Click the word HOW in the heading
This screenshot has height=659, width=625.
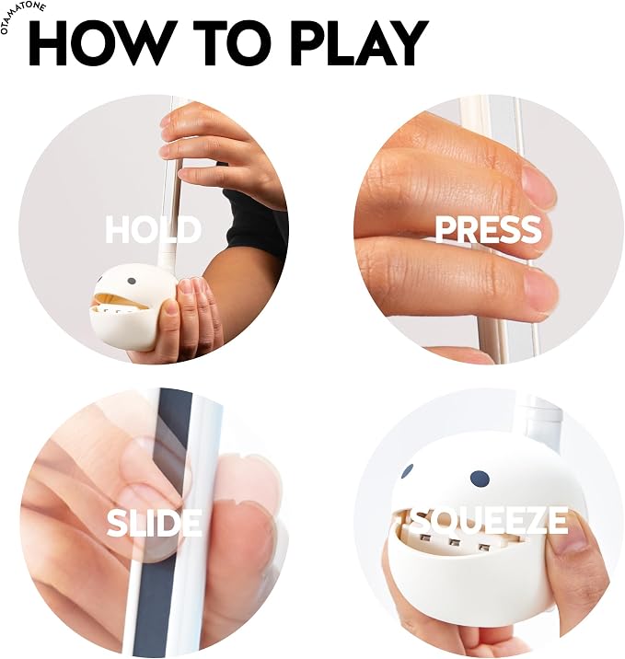coord(104,43)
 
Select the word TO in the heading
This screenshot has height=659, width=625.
coord(236,43)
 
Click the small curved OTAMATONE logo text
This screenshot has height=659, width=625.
coord(22,17)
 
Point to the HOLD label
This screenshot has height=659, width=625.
coord(154,229)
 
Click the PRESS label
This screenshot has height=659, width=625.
coord(488,229)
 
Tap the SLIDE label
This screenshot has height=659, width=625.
coord(155,522)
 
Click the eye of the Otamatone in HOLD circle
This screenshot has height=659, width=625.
coord(132,281)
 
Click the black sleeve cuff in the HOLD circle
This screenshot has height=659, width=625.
coord(254,223)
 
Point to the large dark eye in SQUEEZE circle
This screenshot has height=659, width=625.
coord(480,480)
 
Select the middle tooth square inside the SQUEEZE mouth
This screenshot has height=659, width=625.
coord(453,543)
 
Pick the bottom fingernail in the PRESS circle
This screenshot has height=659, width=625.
coord(541,291)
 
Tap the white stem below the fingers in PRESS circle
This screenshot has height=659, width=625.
coord(490,336)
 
